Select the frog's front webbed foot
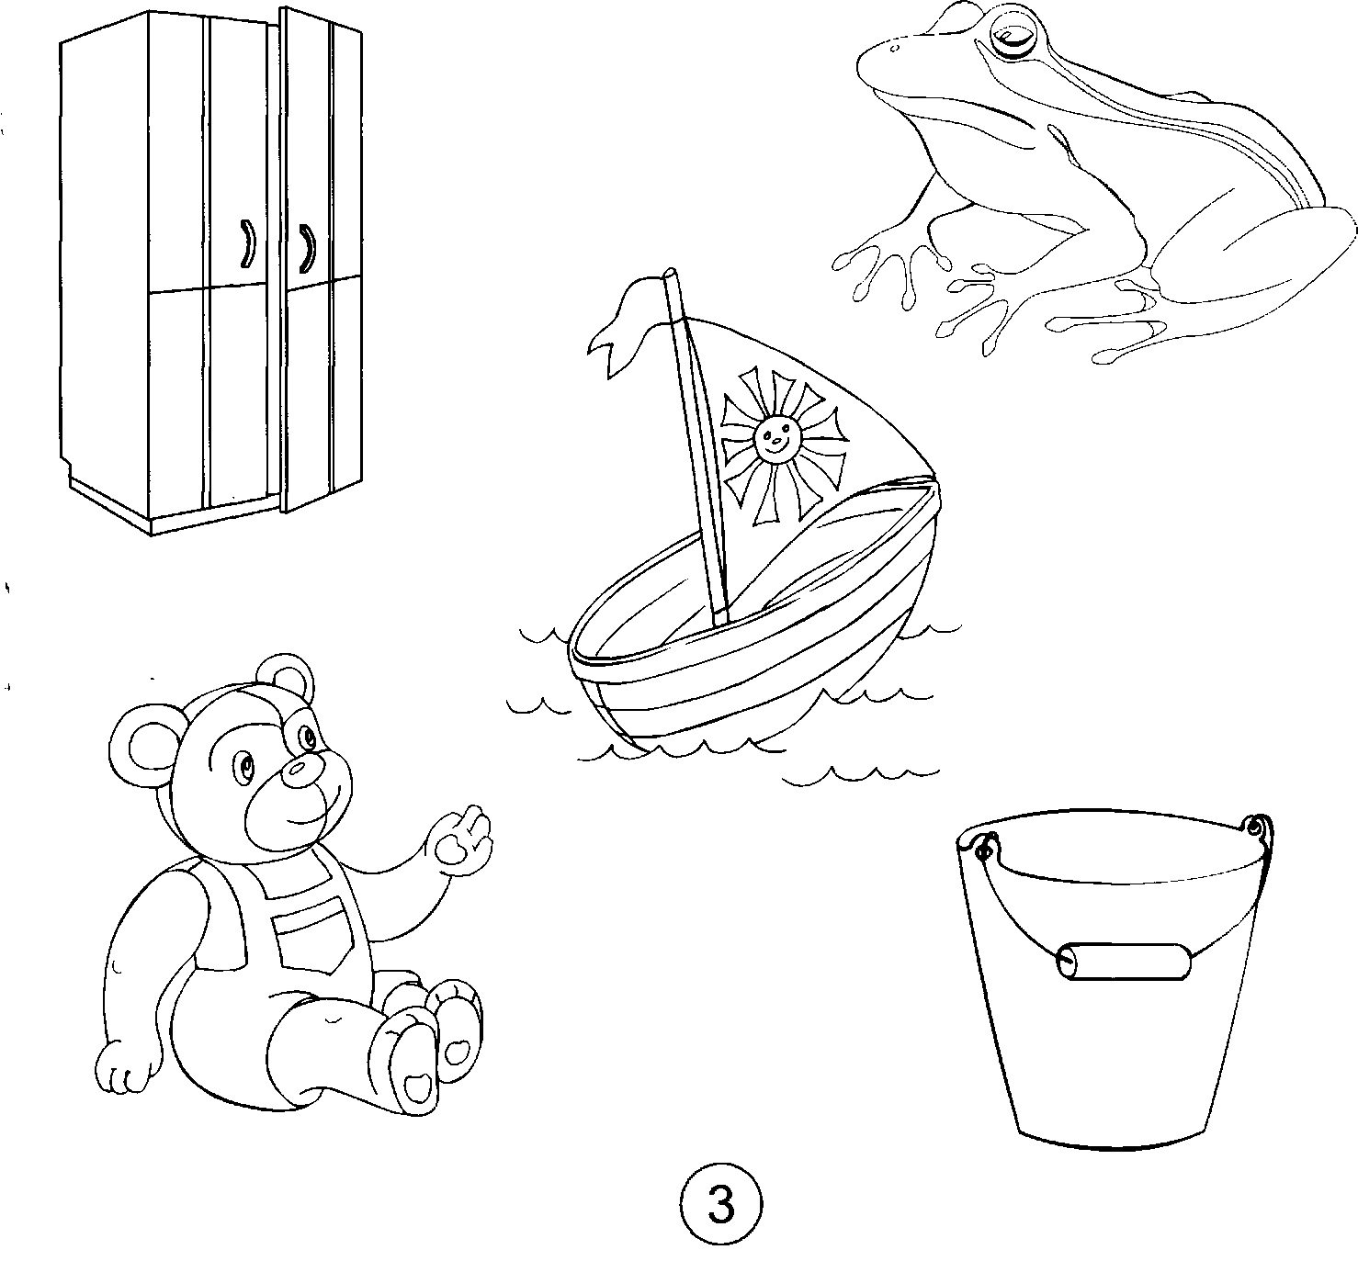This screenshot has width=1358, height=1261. pyautogui.click(x=888, y=275)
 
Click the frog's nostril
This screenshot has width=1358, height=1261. pyautogui.click(x=894, y=49)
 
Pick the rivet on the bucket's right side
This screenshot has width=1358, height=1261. pyautogui.click(x=1255, y=828)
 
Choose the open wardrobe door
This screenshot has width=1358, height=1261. pyautogui.click(x=320, y=260)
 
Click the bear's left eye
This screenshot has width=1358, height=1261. pyautogui.click(x=243, y=763)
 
